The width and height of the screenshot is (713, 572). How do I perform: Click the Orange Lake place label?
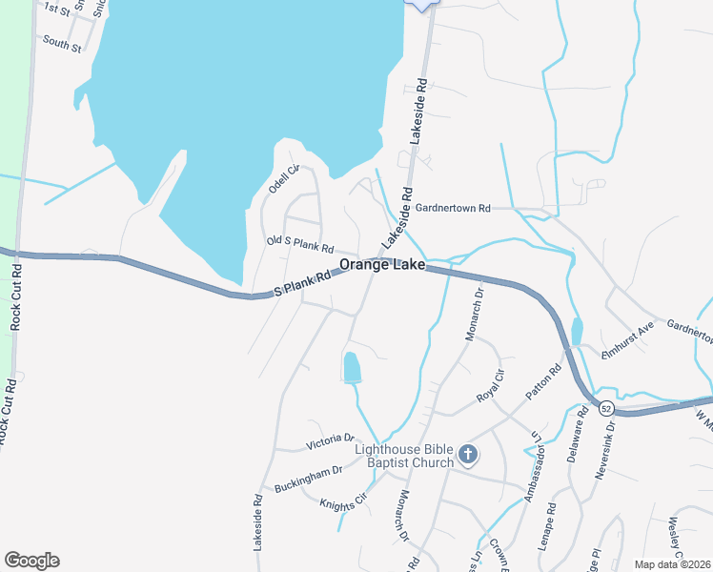pos(382,266)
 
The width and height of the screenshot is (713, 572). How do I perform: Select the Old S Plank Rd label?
pos(299,245)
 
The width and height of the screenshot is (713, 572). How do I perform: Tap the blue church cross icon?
pos(467,455)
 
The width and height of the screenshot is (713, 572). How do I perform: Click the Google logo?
pos(31,561)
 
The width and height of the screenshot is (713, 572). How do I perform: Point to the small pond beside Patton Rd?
pos(577,331)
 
